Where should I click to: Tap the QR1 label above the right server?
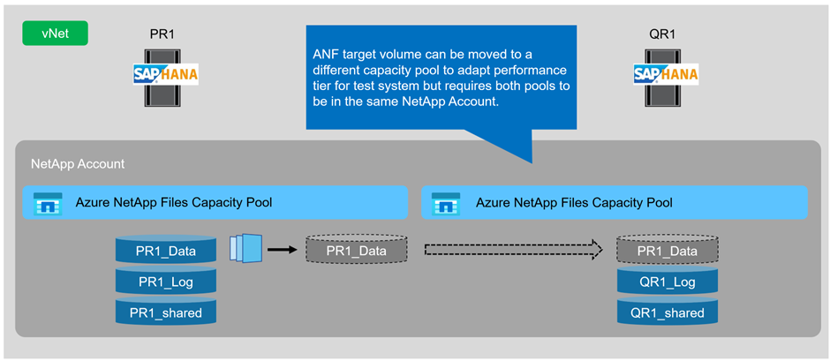[664, 34]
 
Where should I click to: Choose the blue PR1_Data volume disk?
[166, 252]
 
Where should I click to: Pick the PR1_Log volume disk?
[166, 282]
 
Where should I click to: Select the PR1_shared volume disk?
[166, 312]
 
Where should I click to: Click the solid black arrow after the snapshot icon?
[282, 250]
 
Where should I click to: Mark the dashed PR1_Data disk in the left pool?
[357, 251]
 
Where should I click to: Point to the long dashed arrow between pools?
[513, 250]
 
